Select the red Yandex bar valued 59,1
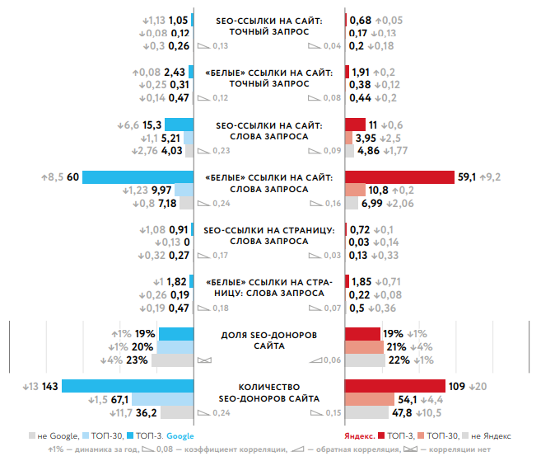coord(399,176)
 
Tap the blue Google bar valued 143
coord(127,386)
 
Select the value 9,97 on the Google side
coord(161,190)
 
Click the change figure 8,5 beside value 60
coord(54,176)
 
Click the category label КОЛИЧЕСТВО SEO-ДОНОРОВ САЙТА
coord(269,392)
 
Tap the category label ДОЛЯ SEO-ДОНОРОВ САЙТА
coord(269,340)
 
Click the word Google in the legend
coord(182,435)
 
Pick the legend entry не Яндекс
coord(491,435)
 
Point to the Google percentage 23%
coord(138,360)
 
